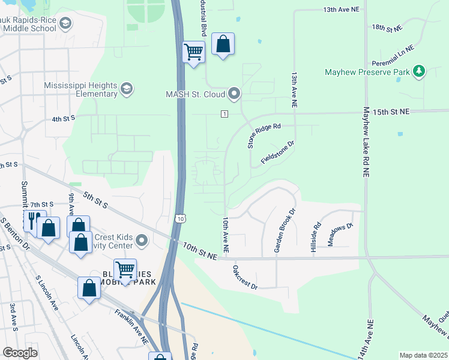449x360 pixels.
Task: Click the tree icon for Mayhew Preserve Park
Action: (419, 72)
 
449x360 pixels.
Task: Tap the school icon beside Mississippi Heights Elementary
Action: (126, 89)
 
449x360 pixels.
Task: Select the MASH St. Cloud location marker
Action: (234, 94)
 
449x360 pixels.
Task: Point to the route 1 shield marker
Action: (224, 114)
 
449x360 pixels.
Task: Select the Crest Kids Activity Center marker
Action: (142, 241)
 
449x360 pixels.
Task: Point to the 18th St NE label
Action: (387, 28)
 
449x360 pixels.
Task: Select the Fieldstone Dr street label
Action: (278, 153)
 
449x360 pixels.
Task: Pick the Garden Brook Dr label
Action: (285, 230)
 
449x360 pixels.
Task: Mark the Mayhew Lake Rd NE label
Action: (366, 142)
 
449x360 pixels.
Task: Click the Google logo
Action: (20, 352)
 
